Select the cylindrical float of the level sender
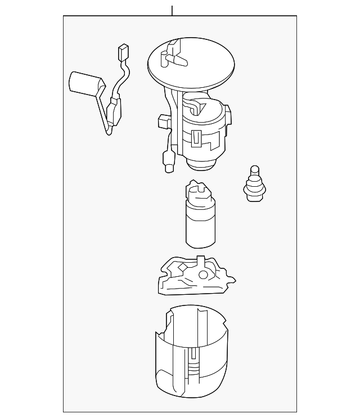(x=84, y=83)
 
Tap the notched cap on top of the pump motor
(x=198, y=191)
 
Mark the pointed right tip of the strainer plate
(x=233, y=280)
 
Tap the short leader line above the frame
(x=172, y=10)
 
